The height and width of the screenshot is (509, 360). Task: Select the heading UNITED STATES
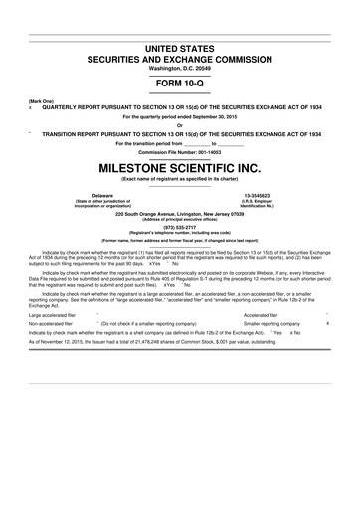click(x=180, y=49)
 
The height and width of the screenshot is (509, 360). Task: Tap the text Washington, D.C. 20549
click(x=180, y=68)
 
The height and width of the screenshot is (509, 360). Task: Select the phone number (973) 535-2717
click(x=180, y=225)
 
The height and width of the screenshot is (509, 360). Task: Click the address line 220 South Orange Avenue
click(x=179, y=213)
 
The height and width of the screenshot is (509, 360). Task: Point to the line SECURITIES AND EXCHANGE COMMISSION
click(x=180, y=59)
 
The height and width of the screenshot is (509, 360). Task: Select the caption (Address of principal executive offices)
click(x=180, y=219)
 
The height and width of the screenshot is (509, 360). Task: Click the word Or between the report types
click(x=180, y=124)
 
